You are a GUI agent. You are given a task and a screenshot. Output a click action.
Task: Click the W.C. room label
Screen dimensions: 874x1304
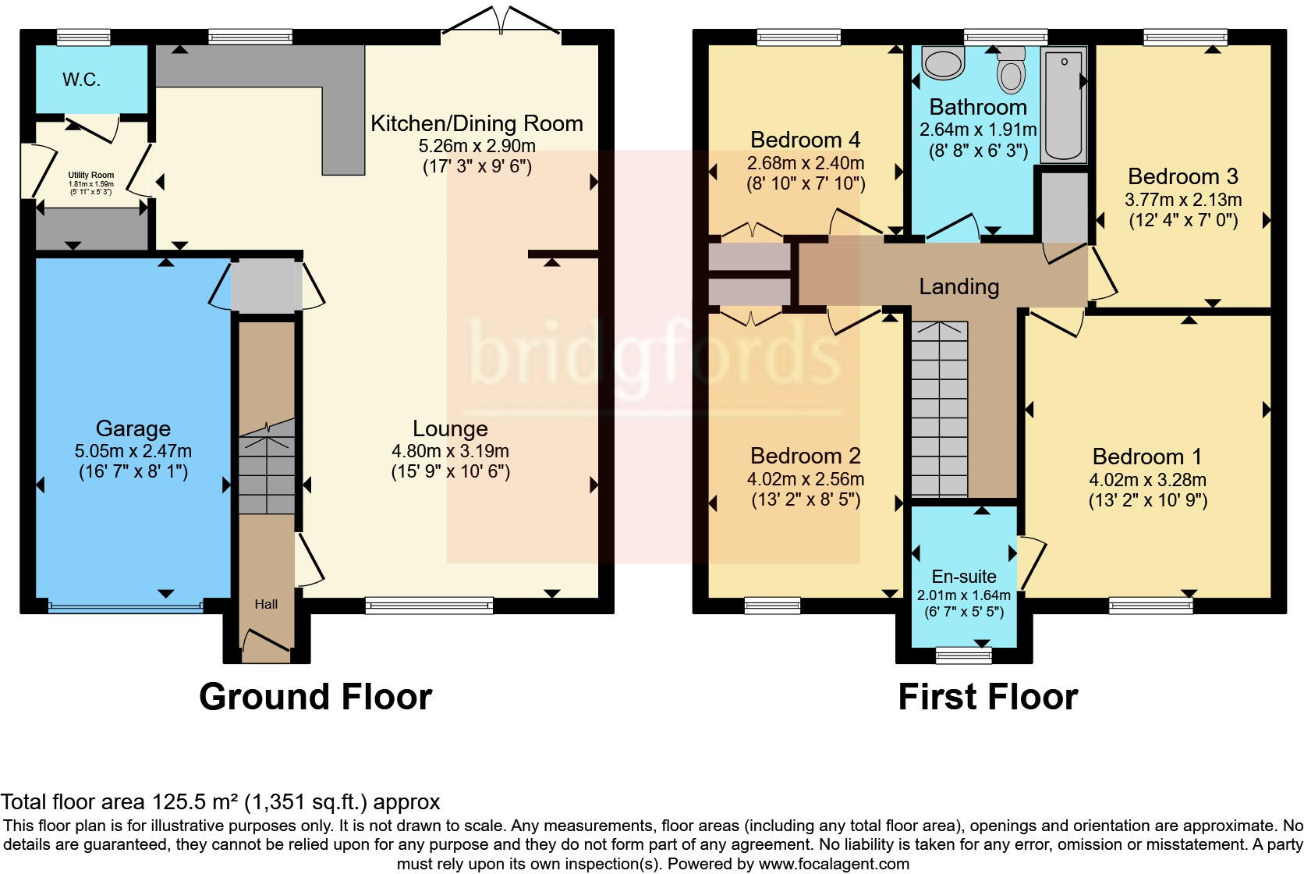81,80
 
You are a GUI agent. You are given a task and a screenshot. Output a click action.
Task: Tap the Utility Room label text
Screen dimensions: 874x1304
90,176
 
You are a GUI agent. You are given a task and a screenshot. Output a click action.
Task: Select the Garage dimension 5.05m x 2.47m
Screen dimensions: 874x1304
133,451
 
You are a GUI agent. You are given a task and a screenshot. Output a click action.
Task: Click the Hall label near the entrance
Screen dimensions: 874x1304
266,604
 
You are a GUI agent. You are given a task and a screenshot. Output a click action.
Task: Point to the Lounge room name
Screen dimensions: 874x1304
450,428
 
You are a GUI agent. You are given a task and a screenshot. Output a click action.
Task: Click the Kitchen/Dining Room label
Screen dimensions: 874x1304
476,123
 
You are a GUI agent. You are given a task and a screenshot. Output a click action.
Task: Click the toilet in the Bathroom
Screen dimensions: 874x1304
1012,70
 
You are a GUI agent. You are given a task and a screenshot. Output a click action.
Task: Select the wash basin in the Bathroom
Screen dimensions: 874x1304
944,60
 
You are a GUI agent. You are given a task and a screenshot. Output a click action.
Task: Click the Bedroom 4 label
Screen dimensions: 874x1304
805,140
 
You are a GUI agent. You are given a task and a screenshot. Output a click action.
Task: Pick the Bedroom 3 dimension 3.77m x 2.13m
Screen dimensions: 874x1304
1182,200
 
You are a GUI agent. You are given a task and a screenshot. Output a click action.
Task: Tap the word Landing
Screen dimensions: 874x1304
959,286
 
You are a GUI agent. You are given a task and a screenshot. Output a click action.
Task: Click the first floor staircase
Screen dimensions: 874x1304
939,409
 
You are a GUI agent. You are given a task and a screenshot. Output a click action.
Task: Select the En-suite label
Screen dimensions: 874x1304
964,577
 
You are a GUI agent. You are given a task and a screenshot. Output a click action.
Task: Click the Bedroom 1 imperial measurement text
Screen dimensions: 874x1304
1147,500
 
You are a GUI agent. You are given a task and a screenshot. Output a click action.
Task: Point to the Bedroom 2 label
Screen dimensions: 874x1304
805,456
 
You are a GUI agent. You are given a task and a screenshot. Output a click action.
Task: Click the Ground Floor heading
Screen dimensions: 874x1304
315,697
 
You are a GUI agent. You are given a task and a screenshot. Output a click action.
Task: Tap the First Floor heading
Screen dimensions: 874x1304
987,697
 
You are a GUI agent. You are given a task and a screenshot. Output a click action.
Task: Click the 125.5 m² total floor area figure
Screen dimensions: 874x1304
194,802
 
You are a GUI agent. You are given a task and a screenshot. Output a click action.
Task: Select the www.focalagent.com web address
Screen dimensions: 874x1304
834,864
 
